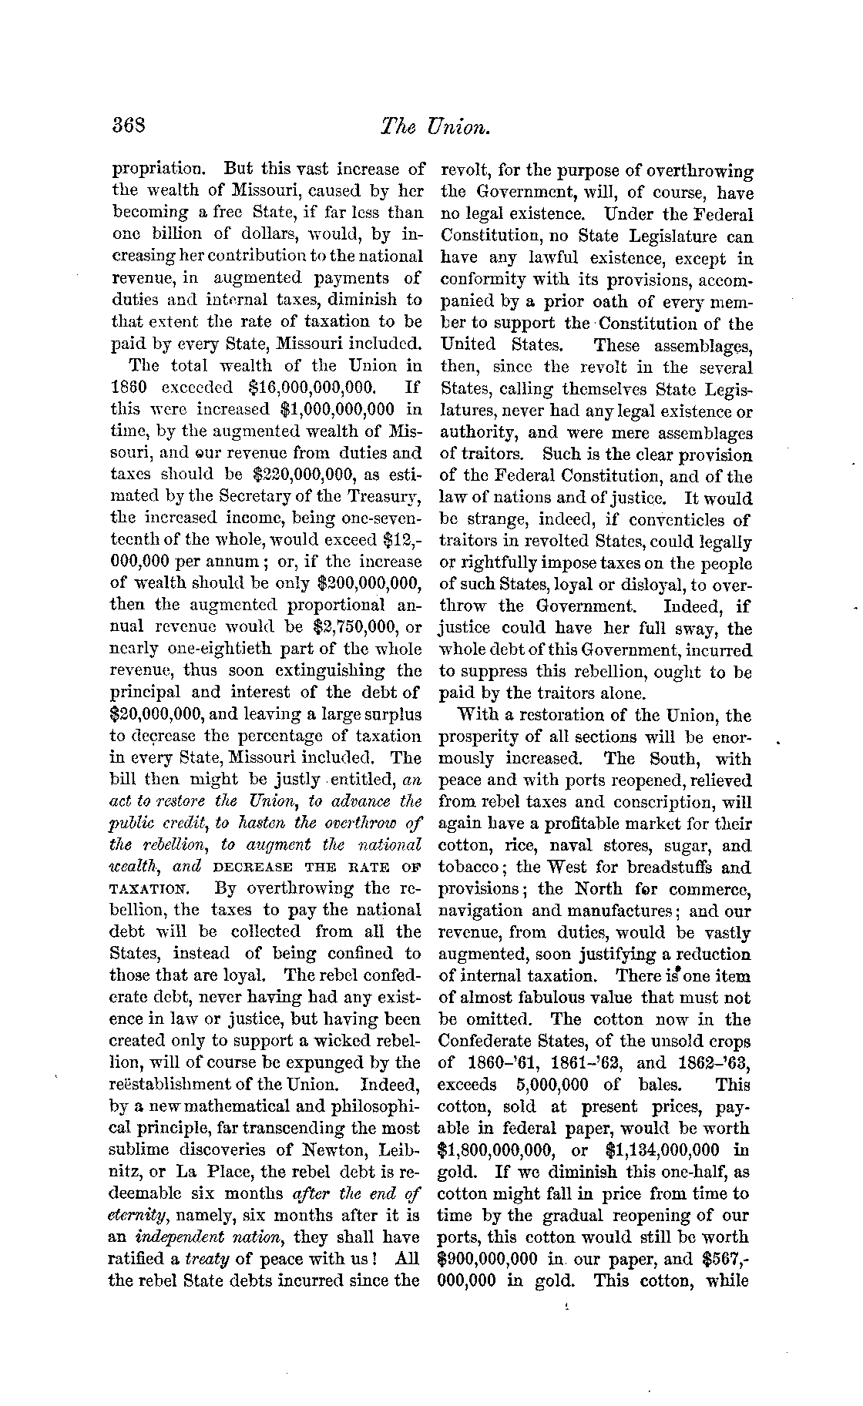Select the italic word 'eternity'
[142, 1216]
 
